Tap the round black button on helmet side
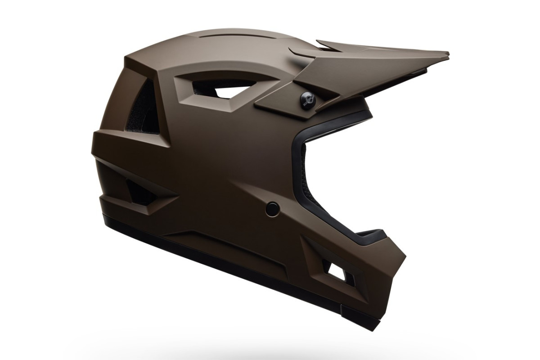tap(272, 207)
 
